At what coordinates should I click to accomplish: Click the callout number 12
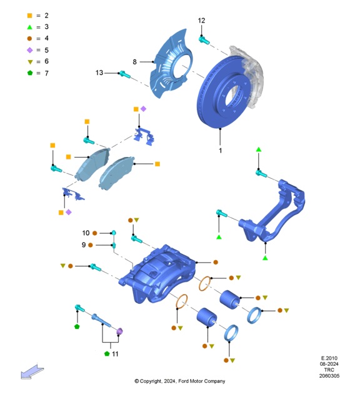pyautogui.click(x=201, y=21)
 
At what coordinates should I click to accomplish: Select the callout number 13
pyautogui.click(x=99, y=73)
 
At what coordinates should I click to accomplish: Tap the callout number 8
pyautogui.click(x=134, y=61)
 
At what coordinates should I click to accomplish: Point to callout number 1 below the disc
pyautogui.click(x=220, y=151)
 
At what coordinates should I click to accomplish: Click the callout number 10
pyautogui.click(x=86, y=233)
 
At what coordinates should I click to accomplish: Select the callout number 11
pyautogui.click(x=115, y=354)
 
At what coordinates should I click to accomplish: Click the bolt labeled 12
pyautogui.click(x=203, y=39)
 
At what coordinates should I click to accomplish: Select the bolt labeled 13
pyautogui.click(x=124, y=74)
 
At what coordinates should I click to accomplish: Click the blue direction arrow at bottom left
pyautogui.click(x=32, y=371)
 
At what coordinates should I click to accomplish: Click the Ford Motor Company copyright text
pyautogui.click(x=179, y=381)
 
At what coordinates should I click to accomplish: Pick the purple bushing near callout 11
pyautogui.click(x=121, y=331)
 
